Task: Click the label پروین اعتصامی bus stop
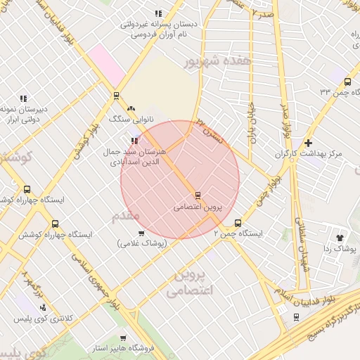[x=197, y=208]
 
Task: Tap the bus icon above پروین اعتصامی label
[x=198, y=195]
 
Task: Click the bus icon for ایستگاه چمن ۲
[x=238, y=221]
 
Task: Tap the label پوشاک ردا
[x=342, y=249]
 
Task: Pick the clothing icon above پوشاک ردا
[x=342, y=238]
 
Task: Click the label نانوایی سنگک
[x=131, y=119]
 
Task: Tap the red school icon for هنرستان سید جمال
[x=134, y=141]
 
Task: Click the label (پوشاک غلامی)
[x=142, y=243]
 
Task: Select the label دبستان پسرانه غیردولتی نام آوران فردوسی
[x=158, y=29]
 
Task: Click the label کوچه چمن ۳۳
[x=335, y=91]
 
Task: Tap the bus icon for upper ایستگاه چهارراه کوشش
[x=27, y=189]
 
